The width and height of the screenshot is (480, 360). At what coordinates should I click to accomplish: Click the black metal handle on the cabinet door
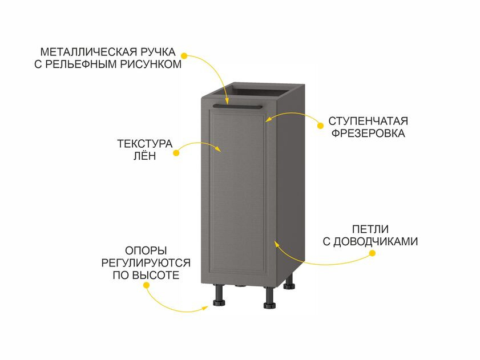click(x=237, y=107)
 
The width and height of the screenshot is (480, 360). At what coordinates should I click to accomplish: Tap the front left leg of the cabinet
click(x=219, y=295)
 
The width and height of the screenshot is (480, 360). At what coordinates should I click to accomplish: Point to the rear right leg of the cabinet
click(x=289, y=282)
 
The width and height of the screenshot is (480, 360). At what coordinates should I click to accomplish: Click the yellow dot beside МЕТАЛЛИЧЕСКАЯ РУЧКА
click(x=184, y=56)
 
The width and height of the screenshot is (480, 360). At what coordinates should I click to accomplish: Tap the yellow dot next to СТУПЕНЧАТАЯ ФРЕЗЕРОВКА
click(x=321, y=126)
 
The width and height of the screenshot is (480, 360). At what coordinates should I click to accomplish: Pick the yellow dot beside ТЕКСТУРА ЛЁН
click(x=176, y=152)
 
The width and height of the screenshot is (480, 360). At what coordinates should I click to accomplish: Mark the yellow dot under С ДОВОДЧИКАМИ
click(x=372, y=253)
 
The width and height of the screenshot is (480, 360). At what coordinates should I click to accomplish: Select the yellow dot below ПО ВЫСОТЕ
click(x=146, y=285)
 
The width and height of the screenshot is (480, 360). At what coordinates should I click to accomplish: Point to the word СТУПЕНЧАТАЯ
click(x=368, y=121)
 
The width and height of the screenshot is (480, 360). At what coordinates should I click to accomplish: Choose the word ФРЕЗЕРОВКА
click(x=368, y=134)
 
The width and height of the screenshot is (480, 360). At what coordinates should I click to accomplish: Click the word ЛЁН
click(x=145, y=155)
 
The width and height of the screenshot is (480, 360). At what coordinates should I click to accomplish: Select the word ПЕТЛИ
click(x=370, y=229)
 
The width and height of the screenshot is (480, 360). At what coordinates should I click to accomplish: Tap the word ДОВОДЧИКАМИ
click(x=376, y=241)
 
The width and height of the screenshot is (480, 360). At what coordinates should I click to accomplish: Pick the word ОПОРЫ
click(x=146, y=250)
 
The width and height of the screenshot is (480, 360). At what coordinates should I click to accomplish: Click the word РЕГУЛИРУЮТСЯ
click(x=146, y=263)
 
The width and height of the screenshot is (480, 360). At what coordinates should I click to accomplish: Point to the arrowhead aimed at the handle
click(x=227, y=101)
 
